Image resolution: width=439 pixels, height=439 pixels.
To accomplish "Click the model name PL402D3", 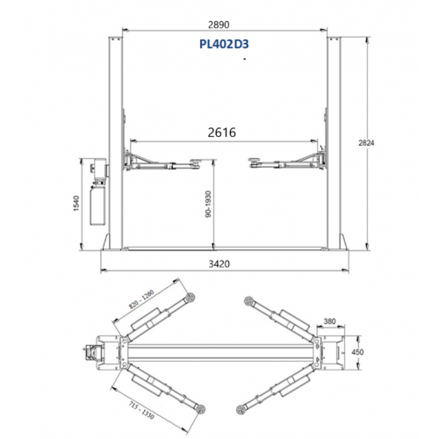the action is (x=224, y=44).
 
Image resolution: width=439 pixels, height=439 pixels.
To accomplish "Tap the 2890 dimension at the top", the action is (x=219, y=25).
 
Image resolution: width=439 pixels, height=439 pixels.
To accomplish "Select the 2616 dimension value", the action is (x=221, y=133).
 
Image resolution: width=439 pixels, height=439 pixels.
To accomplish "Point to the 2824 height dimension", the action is (x=366, y=143).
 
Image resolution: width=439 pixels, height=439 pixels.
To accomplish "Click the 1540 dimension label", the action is (x=76, y=203).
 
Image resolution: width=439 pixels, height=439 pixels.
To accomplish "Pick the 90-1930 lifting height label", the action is (x=208, y=204).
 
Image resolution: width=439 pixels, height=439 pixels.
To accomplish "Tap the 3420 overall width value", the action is (x=219, y=264).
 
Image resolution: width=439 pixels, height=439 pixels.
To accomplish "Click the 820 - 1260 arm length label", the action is (x=141, y=299).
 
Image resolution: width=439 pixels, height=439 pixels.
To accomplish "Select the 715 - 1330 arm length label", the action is (x=141, y=410).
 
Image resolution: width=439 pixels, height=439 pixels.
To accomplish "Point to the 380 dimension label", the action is (x=329, y=321).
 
